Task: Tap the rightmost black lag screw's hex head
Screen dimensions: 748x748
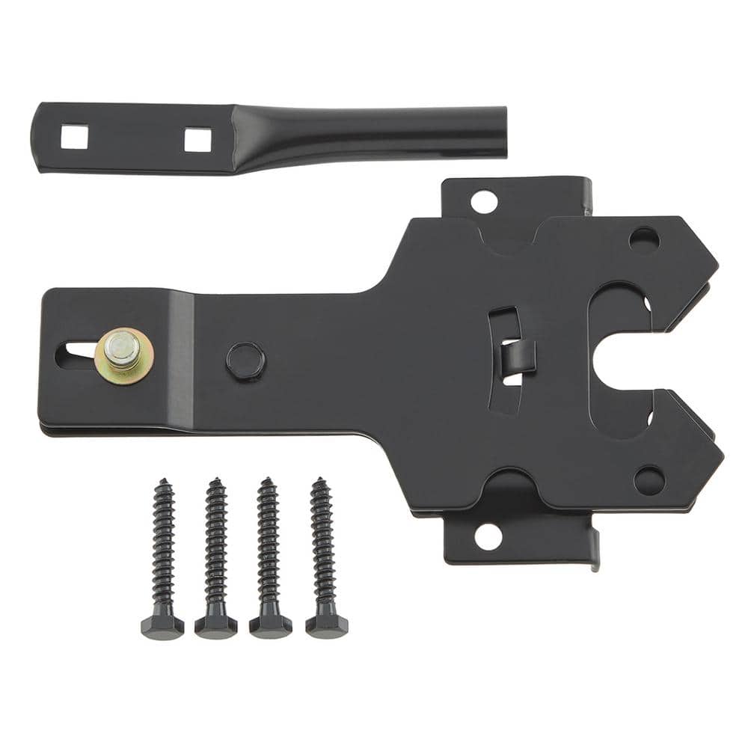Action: (x=327, y=625)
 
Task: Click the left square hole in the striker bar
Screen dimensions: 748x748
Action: (x=74, y=136)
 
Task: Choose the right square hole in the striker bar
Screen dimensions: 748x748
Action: (x=197, y=139)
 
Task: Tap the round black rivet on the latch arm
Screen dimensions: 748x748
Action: (x=245, y=360)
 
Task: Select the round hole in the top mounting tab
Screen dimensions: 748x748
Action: (x=484, y=201)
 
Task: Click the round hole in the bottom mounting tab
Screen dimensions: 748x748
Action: (x=487, y=536)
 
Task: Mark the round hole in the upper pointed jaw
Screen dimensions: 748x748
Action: (x=644, y=239)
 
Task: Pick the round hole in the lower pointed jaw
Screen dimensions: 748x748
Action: (x=649, y=480)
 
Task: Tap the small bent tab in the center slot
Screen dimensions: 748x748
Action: (x=518, y=355)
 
